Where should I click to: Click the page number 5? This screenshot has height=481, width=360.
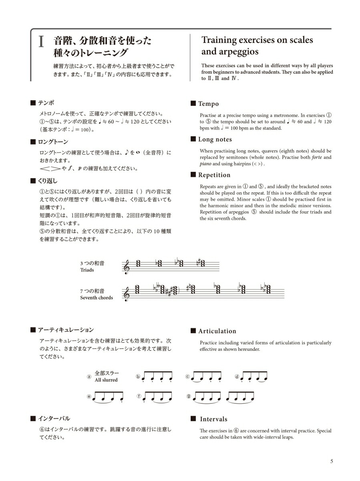332,461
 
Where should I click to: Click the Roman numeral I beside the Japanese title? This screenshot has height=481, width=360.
41,42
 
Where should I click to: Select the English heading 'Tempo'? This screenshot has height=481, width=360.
208,104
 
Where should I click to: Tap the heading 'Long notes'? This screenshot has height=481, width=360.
215,139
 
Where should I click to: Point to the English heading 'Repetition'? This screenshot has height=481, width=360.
214,175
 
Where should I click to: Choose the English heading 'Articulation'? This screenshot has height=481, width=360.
217,331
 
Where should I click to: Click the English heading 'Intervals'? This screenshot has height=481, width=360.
213,419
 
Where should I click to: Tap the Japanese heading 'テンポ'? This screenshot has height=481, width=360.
46,103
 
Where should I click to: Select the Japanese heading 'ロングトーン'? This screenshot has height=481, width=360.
53,142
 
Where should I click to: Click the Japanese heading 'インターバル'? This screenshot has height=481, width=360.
54,418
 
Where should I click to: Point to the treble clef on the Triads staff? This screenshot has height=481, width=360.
127,267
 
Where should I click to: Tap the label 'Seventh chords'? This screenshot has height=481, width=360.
97,298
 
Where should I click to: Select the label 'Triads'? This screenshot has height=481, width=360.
87,270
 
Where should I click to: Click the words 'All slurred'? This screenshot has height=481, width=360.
106,380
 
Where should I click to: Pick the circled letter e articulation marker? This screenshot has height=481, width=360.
89,396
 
